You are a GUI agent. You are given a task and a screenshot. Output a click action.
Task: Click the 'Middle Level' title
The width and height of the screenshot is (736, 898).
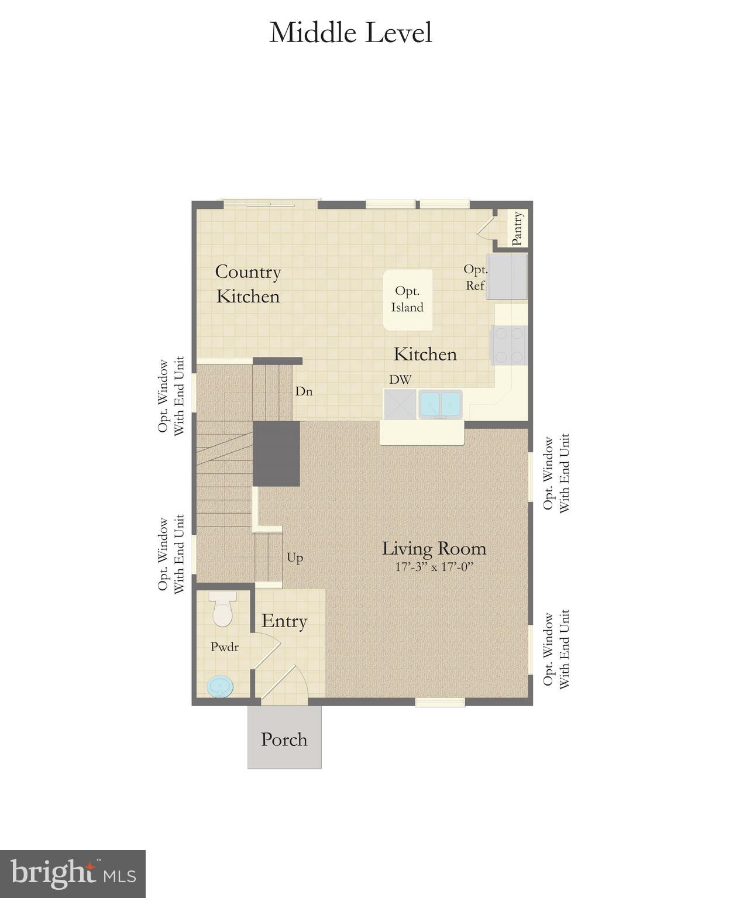point(350,33)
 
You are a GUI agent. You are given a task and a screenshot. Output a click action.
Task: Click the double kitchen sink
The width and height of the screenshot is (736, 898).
point(440,404)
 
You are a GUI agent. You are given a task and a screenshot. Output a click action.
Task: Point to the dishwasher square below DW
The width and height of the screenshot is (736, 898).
point(400,404)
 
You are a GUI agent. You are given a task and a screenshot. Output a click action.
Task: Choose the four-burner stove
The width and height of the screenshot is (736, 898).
point(510,345)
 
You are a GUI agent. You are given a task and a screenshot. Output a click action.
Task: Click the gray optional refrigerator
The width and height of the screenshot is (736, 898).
point(507,276)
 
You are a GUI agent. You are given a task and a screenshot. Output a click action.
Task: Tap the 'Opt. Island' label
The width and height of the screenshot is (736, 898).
point(407,299)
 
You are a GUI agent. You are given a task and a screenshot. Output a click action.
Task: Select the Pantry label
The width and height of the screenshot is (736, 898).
point(517,228)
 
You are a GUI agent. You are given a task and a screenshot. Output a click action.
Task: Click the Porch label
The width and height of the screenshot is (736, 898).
point(284,739)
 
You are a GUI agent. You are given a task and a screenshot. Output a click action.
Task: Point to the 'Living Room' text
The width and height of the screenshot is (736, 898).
point(434,548)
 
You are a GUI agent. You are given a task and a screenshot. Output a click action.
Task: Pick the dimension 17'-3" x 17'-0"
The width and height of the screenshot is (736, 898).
point(434,567)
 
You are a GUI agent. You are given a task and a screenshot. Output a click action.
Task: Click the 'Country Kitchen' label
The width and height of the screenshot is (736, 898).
point(248,284)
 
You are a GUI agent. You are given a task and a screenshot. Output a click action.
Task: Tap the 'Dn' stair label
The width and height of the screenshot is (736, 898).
point(304,391)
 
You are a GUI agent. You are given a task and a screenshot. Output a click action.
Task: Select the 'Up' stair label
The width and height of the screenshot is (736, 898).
point(295,557)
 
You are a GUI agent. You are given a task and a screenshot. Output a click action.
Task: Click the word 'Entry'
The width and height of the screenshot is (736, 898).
point(284,621)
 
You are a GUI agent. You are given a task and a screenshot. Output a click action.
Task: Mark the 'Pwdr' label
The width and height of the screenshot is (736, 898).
point(225,647)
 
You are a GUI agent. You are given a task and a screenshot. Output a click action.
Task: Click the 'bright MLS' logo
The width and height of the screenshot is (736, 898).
point(73,874)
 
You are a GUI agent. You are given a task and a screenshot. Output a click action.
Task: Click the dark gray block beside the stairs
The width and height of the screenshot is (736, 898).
point(276,453)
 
